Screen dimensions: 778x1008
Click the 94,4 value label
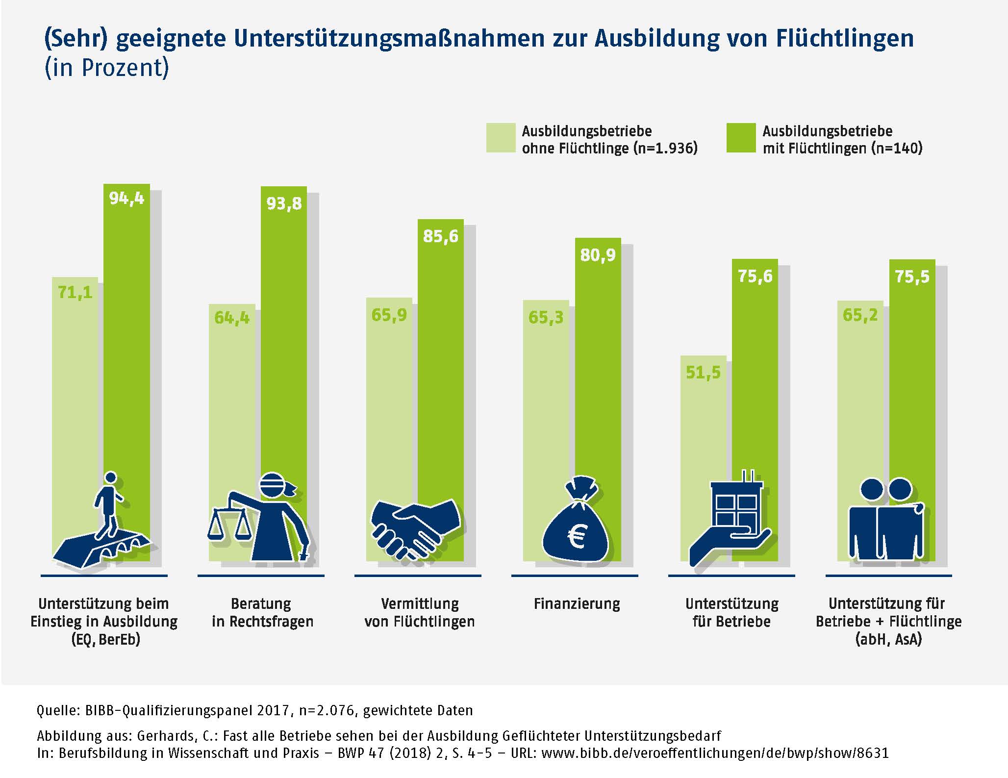pyautogui.click(x=126, y=199)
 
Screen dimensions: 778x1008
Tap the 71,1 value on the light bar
pyautogui.click(x=75, y=293)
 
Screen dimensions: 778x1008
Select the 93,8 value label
pyautogui.click(x=284, y=203)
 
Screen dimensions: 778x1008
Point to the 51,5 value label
pyautogui.click(x=703, y=373)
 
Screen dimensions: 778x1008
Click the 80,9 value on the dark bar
pyautogui.click(x=598, y=255)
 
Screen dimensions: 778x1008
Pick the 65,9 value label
pyautogui.click(x=389, y=315)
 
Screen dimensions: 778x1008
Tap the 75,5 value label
pyautogui.click(x=912, y=277)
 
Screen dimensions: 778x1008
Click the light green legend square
pyautogui.click(x=501, y=138)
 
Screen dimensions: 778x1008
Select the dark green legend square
pyautogui.click(x=741, y=138)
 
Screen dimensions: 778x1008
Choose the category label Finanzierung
pyautogui.click(x=577, y=603)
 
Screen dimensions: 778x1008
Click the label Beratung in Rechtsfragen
pyautogui.click(x=262, y=612)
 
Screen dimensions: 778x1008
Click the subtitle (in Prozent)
pyautogui.click(x=106, y=68)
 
